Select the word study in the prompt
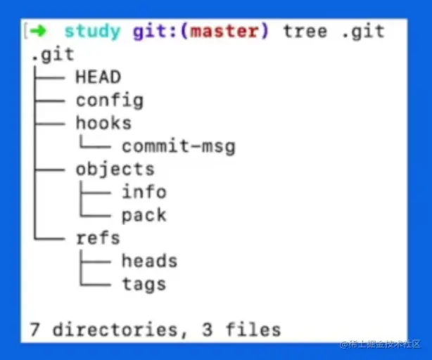[x=92, y=31]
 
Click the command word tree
[x=305, y=31]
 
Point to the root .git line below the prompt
[x=53, y=54]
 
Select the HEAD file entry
[x=98, y=77]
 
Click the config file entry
[x=110, y=101]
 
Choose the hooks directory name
[x=103, y=123]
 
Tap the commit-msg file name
[x=178, y=146]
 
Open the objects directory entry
[x=115, y=169]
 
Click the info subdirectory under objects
[x=144, y=192]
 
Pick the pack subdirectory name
[x=144, y=215]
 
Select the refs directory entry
[x=98, y=238]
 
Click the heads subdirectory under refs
[x=149, y=261]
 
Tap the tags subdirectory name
[x=144, y=284]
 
